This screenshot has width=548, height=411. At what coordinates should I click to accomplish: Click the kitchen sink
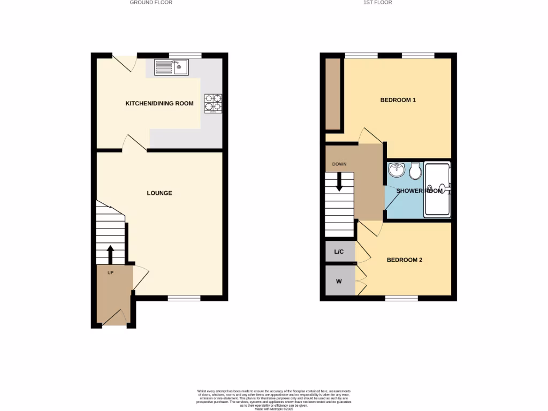pyautogui.click(x=171, y=67)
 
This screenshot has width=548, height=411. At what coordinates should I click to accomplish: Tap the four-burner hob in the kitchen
pyautogui.click(x=213, y=104)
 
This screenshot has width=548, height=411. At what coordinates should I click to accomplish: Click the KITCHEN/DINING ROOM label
pyautogui.click(x=159, y=103)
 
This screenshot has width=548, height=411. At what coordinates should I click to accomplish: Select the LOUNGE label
pyautogui.click(x=159, y=193)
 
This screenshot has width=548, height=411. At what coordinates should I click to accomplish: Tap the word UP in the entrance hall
pyautogui.click(x=110, y=273)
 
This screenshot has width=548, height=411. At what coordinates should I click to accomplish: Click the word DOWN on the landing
pyautogui.click(x=339, y=164)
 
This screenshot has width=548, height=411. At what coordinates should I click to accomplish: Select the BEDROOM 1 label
pyautogui.click(x=398, y=100)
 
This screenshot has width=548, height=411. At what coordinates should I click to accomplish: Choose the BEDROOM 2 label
pyautogui.click(x=405, y=260)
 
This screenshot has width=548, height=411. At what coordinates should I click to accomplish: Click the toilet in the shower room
pyautogui.click(x=415, y=171)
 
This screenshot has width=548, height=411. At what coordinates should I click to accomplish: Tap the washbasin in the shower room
pyautogui.click(x=397, y=170)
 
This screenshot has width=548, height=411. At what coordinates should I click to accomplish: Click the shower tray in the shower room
pyautogui.click(x=437, y=190)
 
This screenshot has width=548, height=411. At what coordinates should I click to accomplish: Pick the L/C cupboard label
pyautogui.click(x=339, y=252)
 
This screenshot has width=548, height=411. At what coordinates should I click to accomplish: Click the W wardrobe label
pyautogui.click(x=339, y=281)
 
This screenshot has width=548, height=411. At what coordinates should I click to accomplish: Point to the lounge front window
pyautogui.click(x=184, y=298)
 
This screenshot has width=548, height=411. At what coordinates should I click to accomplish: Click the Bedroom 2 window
pyautogui.click(x=401, y=298)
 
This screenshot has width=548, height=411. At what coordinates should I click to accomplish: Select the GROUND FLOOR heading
pyautogui.click(x=151, y=3)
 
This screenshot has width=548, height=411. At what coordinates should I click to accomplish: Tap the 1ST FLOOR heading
pyautogui.click(x=377, y=3)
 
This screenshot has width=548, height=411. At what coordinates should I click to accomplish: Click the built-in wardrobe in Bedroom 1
pyautogui.click(x=333, y=94)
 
